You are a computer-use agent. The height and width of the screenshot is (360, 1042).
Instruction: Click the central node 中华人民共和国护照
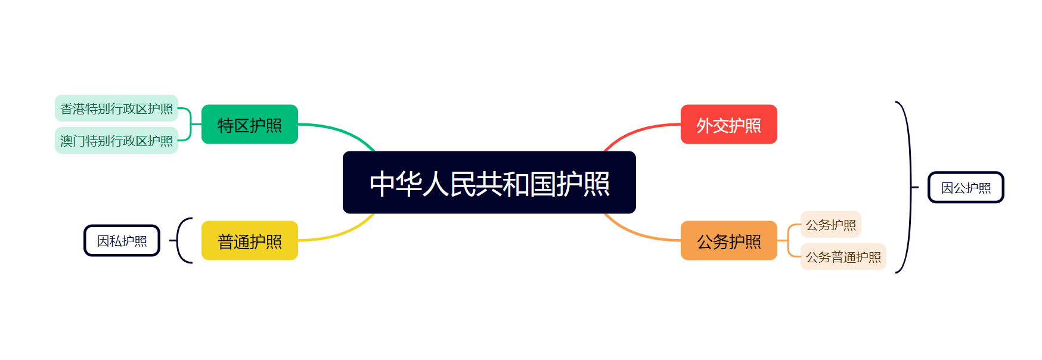489,182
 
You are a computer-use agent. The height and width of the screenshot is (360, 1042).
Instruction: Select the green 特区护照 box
249,125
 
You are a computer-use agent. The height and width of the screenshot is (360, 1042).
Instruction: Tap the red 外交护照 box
728,125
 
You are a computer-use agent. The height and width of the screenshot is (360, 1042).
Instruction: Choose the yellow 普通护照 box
249,241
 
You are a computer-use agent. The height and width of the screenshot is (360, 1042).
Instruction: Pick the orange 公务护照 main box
728,241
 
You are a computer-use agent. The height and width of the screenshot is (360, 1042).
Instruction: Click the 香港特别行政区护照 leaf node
116,108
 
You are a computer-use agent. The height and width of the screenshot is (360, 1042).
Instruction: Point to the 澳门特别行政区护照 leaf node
116,141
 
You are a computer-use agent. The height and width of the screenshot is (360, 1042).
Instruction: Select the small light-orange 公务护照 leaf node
830,225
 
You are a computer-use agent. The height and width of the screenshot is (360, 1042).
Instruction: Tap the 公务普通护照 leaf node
843,257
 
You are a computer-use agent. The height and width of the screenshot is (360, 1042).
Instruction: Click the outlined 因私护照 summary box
122,241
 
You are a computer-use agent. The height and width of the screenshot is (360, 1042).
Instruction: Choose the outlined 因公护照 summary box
966,188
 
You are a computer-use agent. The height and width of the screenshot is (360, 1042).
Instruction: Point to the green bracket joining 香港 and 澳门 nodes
190,125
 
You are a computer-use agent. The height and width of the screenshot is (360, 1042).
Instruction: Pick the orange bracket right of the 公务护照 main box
789,241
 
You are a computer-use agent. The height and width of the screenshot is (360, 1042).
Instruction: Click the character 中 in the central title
382,184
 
